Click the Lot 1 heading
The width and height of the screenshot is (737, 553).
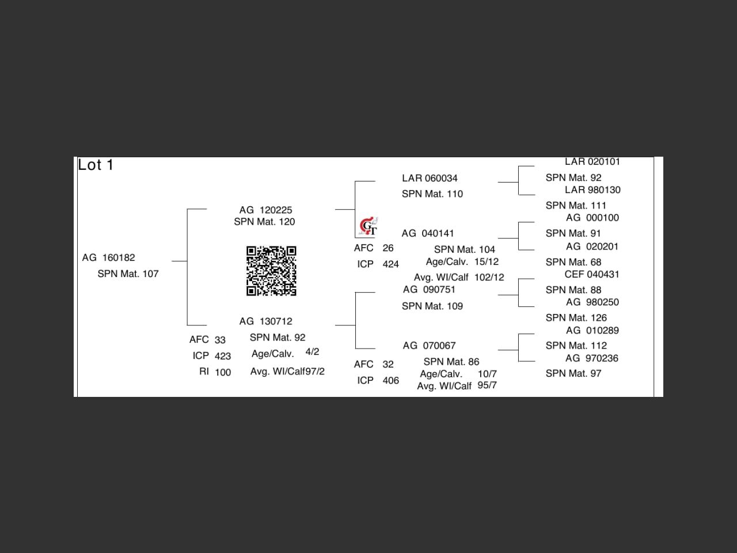96,165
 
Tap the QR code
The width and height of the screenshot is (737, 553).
271,271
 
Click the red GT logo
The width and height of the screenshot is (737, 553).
368,227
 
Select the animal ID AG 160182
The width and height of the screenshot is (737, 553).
108,257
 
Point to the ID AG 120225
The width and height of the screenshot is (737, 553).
265,210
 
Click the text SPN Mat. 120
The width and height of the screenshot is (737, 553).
264,222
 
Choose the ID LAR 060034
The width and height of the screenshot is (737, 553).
430,179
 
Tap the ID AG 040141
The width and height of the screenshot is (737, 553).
428,233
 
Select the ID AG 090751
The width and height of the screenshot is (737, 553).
429,290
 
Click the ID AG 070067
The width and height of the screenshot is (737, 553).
429,346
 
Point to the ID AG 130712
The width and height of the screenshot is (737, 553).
265,321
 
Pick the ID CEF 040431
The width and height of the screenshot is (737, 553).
592,274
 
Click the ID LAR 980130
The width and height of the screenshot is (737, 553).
592,190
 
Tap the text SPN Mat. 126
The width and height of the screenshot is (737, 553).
576,318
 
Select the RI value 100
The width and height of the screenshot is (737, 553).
223,372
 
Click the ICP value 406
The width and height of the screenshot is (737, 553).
390,380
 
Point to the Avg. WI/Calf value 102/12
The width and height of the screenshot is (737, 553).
489,278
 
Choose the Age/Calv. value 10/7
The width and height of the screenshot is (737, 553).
487,374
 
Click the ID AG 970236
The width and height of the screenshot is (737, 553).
592,358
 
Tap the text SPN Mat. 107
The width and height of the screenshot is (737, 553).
128,274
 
